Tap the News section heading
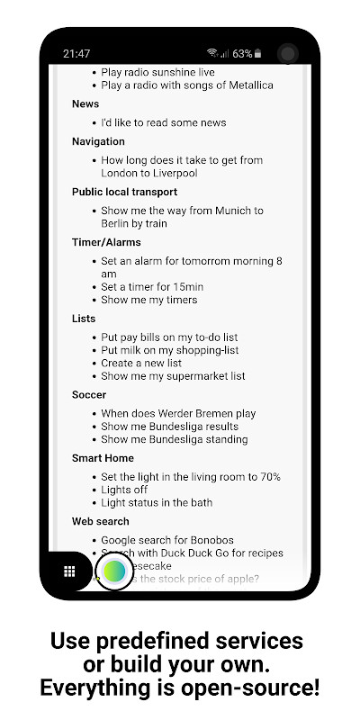[85, 104]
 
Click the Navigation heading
[98, 141]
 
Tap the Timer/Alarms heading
[106, 242]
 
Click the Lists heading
[84, 319]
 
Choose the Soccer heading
[89, 394]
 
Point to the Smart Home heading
[103, 457]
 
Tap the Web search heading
[101, 521]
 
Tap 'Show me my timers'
[148, 300]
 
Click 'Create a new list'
[141, 363]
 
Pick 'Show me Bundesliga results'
[169, 427]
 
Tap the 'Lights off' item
[125, 490]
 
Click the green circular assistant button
[114, 571]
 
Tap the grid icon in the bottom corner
[68, 571]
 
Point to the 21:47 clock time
[76, 53]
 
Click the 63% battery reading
[242, 53]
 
